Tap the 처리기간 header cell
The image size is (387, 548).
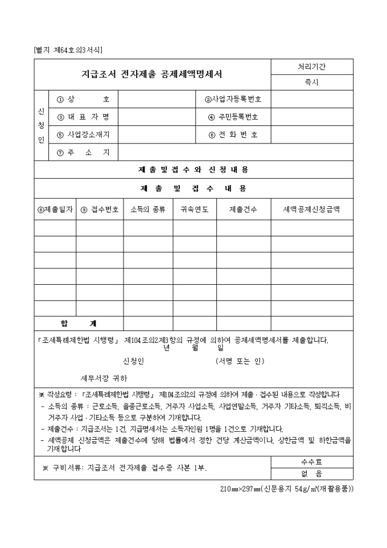(311, 67)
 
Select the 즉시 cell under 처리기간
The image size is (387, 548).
(311, 82)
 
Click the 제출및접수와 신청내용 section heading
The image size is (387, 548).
(193, 170)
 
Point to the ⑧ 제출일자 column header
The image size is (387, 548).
(55, 210)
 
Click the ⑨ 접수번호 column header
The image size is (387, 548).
(100, 210)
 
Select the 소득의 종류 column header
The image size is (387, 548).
(148, 210)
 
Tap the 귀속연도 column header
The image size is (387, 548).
(194, 210)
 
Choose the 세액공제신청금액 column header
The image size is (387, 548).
(311, 210)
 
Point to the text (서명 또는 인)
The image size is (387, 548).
(240, 361)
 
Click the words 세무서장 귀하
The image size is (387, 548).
(104, 378)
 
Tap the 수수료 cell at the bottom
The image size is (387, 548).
(311, 462)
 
